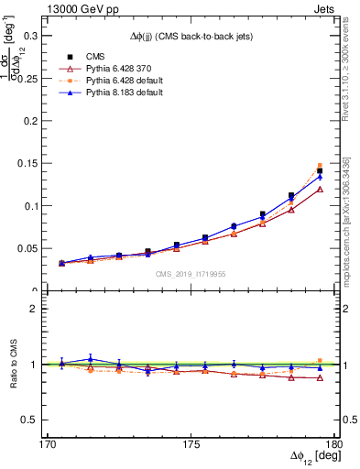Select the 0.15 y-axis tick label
pos(30,164)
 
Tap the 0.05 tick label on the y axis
pos(30,248)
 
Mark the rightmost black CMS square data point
pos(320,171)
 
